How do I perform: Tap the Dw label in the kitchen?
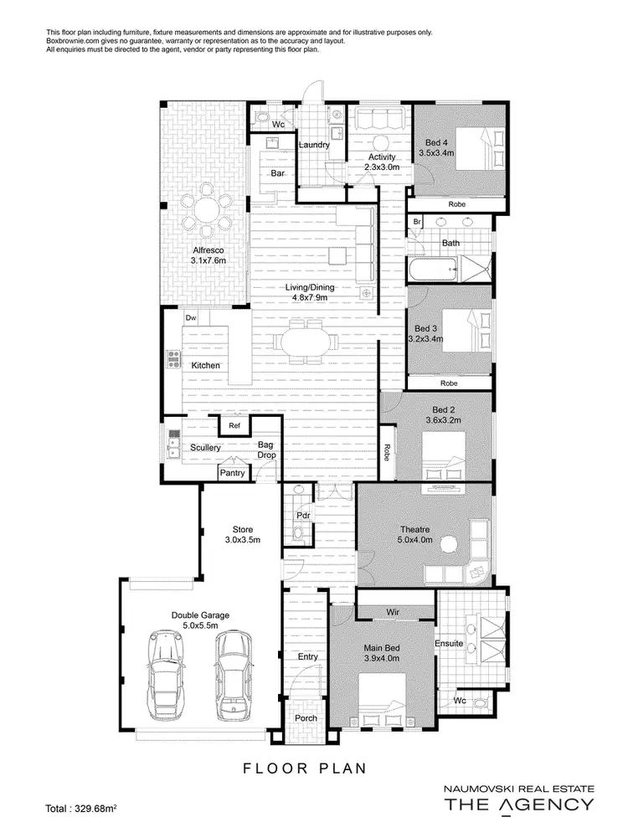[x=191, y=318]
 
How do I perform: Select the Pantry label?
[x=232, y=473]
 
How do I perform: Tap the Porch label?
[x=306, y=718]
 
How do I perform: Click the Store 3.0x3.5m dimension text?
[x=242, y=540]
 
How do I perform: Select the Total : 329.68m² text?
[x=81, y=809]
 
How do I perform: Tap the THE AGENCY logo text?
[x=517, y=805]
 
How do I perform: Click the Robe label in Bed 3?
[x=449, y=383]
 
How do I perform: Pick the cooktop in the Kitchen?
[x=175, y=359]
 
